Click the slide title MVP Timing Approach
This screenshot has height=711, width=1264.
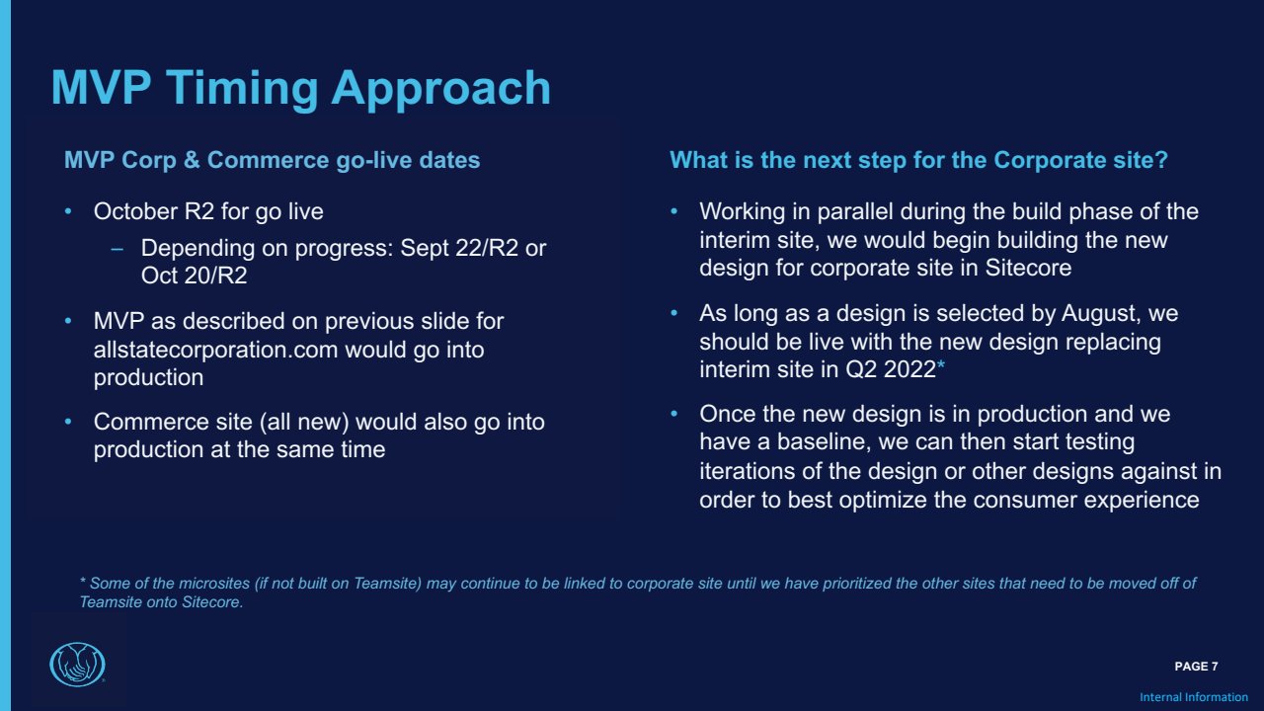coord(301,89)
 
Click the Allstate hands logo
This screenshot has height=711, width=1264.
coord(77,665)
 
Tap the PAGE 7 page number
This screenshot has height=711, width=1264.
coord(1196,667)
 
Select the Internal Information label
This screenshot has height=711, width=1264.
coord(1194,697)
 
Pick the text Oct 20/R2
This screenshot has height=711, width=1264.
coord(195,276)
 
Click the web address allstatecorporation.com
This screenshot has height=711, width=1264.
coord(215,350)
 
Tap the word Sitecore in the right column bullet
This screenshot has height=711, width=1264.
coord(1028,268)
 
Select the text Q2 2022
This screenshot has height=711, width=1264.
coord(891,369)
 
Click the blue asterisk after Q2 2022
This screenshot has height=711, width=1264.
coord(941,365)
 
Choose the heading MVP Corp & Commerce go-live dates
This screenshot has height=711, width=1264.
coord(272,160)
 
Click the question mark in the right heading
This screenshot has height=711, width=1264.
coord(1161,160)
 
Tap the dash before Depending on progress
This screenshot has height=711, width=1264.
coord(118,248)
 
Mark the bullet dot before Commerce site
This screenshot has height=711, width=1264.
coord(68,422)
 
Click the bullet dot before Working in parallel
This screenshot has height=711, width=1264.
coord(673,211)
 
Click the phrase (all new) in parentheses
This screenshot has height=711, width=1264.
coord(304,422)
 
